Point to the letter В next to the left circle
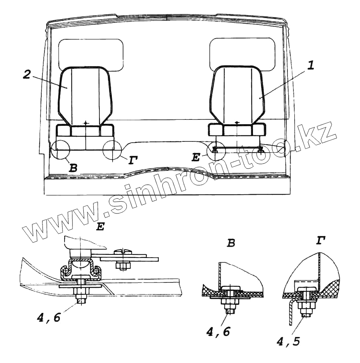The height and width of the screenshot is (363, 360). click(x=73, y=168)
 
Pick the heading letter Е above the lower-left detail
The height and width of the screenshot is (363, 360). click(x=100, y=227)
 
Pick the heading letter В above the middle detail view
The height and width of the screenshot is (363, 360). click(x=231, y=243)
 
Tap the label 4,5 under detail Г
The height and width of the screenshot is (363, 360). click(x=288, y=341)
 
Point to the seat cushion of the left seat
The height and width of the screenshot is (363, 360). click(x=85, y=131)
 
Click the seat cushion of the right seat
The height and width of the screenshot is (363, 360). click(x=237, y=130)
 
